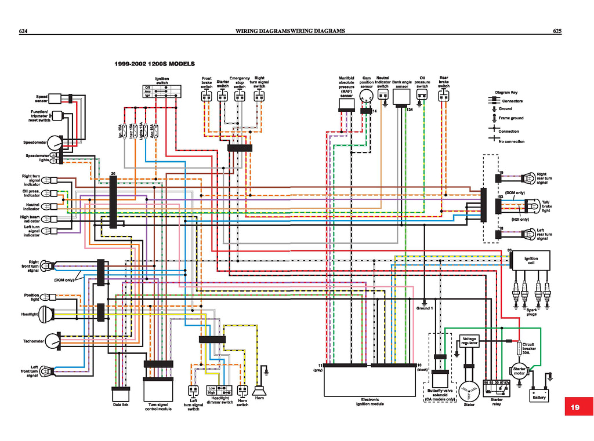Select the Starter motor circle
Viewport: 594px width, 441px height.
[x=517, y=371]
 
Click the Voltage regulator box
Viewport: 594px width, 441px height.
[x=469, y=341]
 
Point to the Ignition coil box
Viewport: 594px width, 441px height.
[x=530, y=260]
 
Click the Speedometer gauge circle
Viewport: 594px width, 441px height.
[x=55, y=142]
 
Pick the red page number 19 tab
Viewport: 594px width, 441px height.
[x=574, y=407]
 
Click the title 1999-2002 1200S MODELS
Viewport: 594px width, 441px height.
[x=154, y=64]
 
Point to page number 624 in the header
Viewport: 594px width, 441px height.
[x=24, y=31]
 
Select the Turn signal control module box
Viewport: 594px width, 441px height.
[x=158, y=388]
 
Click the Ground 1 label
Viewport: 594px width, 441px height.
[x=424, y=308]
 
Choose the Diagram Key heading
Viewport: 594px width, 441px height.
[x=506, y=92]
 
